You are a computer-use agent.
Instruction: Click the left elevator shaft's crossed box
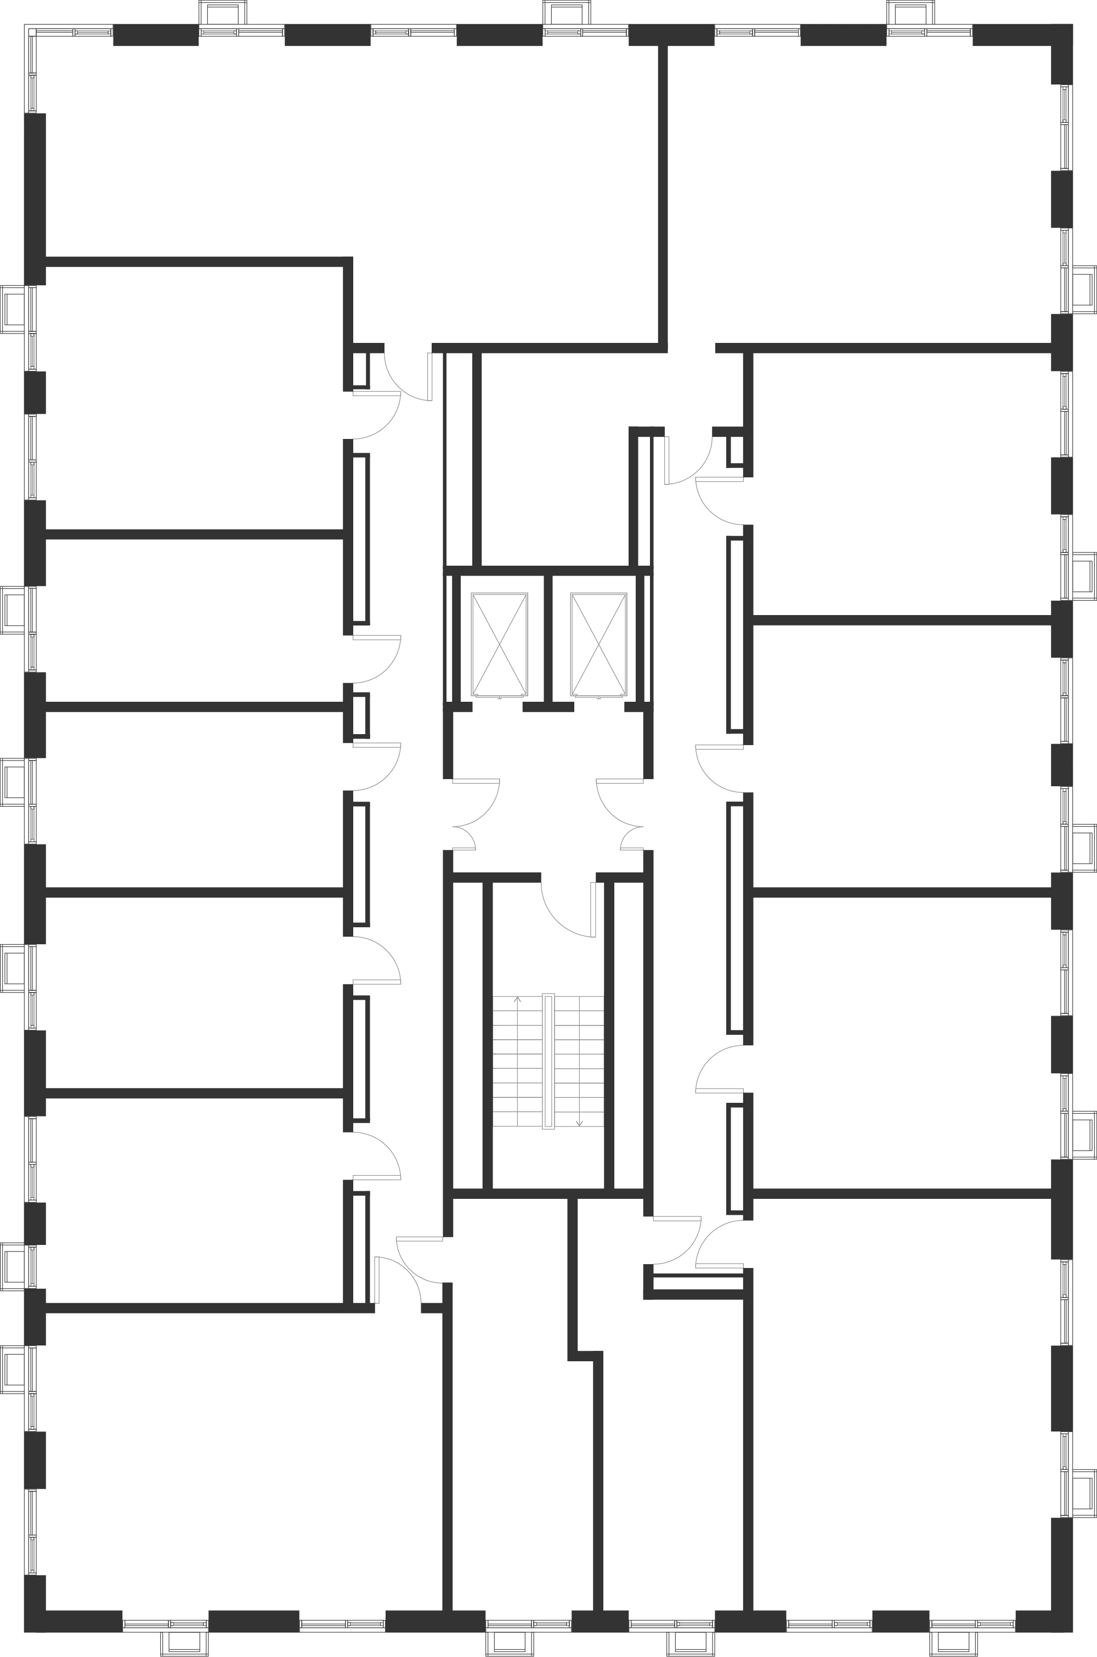pyautogui.click(x=500, y=645)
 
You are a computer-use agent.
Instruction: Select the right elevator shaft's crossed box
pyautogui.click(x=596, y=645)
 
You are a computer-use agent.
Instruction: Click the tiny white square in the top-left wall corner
pyautogui.click(x=33, y=33)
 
